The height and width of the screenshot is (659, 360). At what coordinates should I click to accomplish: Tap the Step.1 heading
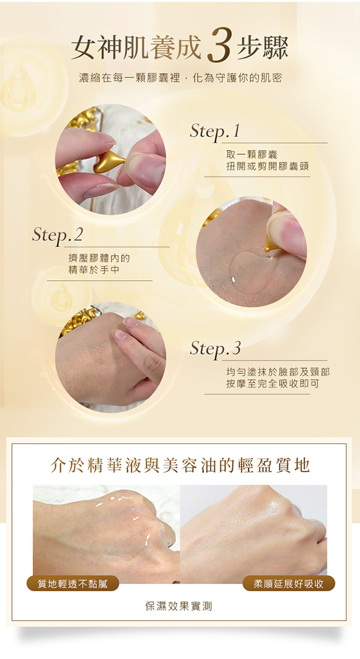[x=215, y=131]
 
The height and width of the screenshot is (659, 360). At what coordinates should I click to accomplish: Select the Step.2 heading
[x=58, y=235]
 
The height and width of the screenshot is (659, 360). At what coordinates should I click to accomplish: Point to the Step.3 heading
[x=215, y=349]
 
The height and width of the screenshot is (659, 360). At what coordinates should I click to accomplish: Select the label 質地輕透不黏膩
[x=73, y=583]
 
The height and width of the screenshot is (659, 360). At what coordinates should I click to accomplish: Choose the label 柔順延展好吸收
[x=289, y=583]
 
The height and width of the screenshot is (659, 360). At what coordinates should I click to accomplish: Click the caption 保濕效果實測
[x=179, y=606]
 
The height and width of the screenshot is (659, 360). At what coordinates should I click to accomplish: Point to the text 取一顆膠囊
[x=251, y=155]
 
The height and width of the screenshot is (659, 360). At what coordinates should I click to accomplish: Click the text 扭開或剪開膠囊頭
[x=268, y=167]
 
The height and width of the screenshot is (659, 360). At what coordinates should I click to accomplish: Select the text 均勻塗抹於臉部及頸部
[x=278, y=372]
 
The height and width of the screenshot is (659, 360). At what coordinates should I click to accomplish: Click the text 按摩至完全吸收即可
[x=272, y=384]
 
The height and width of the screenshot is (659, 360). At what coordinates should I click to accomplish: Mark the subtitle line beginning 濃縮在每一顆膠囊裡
[x=180, y=78]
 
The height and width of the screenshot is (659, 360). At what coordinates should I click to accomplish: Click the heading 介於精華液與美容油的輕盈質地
[x=180, y=465]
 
